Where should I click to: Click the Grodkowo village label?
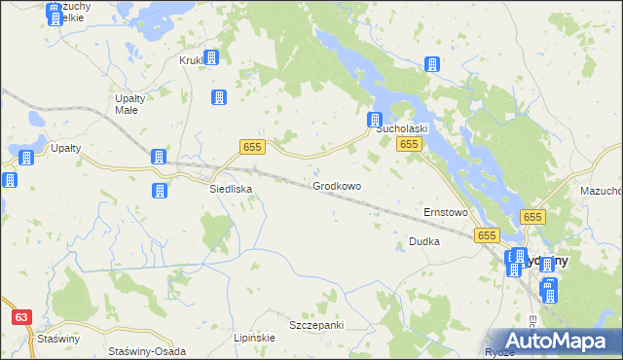coord(337,186)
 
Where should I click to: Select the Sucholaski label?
coord(402,128)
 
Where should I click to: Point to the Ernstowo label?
coord(446,212)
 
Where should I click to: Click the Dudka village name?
coord(424,241)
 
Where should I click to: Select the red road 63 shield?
coord(21,317)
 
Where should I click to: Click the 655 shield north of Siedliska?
coord(252,146)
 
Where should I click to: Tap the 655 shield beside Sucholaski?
coord(409,144)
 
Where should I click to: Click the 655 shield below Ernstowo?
coord(488,235)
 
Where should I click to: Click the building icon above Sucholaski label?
coord(375,120)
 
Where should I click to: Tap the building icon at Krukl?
coord(210,57)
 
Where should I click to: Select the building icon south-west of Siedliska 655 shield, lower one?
coord(158,191)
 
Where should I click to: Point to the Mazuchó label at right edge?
coord(601,192)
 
